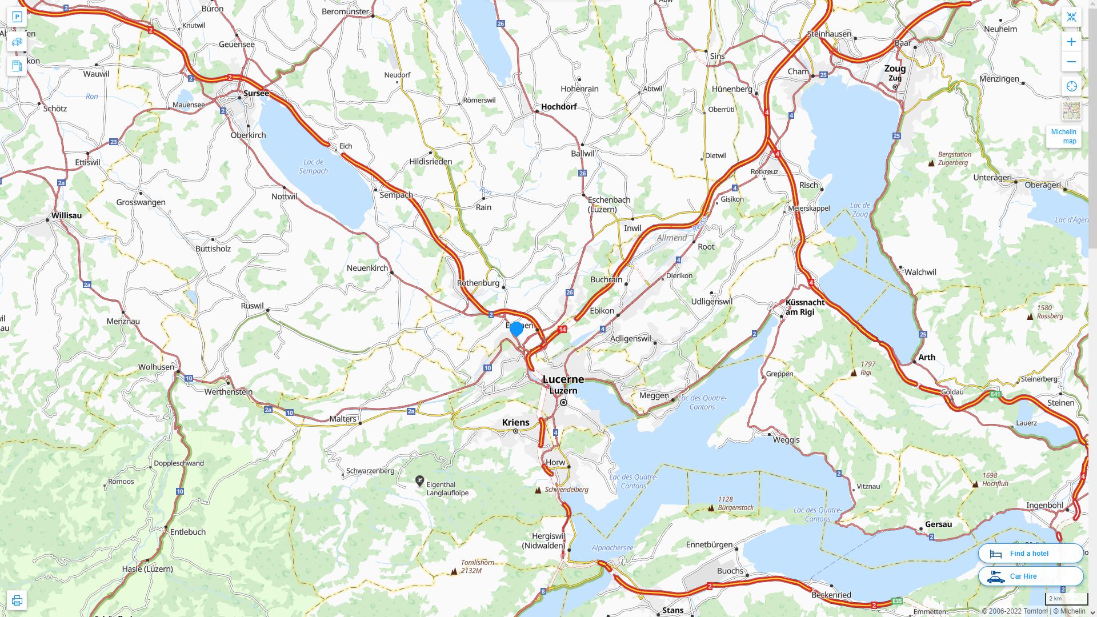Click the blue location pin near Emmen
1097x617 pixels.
point(517,329)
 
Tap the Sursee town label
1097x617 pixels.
point(256,93)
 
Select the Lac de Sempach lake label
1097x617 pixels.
point(313,166)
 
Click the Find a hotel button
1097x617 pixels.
point(1030,554)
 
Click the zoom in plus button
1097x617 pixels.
point(1071,42)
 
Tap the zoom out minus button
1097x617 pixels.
point(1071,62)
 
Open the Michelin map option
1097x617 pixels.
point(1063,137)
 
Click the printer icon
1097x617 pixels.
point(17,600)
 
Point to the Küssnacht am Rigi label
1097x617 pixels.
point(804,307)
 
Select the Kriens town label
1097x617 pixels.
point(515,422)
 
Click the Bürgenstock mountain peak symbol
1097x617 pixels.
point(711,507)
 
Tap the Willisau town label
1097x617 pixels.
point(66,215)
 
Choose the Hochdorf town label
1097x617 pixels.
point(558,106)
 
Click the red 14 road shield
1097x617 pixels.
point(563,330)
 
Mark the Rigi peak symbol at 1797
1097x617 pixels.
point(854,372)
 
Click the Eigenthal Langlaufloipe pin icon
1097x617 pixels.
point(419,482)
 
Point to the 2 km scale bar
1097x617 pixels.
point(1066,599)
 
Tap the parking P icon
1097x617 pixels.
point(17,17)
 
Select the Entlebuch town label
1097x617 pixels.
point(187,532)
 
